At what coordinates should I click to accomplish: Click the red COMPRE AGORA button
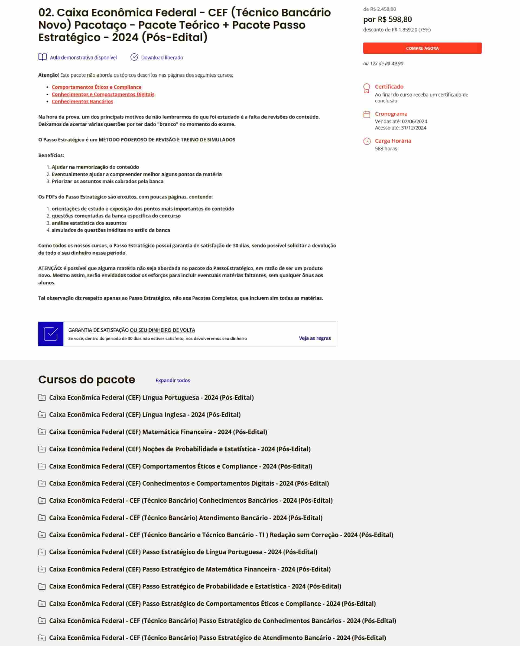[x=422, y=48]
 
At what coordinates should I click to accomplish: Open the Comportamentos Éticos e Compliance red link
[x=96, y=87]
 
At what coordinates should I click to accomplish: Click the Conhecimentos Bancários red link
[x=82, y=101]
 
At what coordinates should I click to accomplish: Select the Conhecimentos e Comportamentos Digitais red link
[x=103, y=94]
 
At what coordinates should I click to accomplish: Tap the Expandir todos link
[x=173, y=380]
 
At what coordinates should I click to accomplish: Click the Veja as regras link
[x=314, y=338]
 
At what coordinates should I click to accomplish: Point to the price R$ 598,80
[x=387, y=20]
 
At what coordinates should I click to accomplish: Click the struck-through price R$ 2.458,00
[x=379, y=9]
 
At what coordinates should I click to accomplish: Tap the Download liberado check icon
[x=134, y=57]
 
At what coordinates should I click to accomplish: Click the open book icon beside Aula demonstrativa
[x=43, y=57]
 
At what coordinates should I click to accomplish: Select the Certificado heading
[x=389, y=87]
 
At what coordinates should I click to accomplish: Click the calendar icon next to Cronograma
[x=367, y=115]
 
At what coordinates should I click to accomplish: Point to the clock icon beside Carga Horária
[x=367, y=141]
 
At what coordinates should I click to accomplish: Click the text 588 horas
[x=386, y=149]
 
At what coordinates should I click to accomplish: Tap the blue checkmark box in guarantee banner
[x=51, y=334]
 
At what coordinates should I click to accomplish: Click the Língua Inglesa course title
[x=145, y=415]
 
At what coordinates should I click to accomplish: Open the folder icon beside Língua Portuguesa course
[x=42, y=398]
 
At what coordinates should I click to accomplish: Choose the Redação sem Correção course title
[x=221, y=535]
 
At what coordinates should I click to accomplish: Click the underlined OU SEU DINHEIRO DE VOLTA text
[x=162, y=330]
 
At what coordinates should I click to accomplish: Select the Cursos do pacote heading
[x=87, y=380]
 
